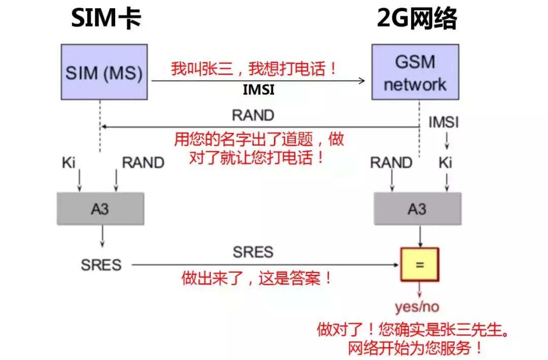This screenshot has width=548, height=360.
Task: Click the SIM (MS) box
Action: point(104,71)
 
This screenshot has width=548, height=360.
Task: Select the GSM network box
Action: point(415,71)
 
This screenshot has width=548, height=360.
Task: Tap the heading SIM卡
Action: point(105,19)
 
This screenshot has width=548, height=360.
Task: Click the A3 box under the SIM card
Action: point(100,209)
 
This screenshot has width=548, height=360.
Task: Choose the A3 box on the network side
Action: point(418,209)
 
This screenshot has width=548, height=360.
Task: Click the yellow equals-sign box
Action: point(419,264)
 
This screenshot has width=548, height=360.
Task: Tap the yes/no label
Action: point(417,307)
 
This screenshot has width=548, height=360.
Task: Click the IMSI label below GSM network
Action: point(443,122)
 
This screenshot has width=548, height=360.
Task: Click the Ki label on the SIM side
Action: point(68,163)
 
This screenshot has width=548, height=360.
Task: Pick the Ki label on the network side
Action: point(445,163)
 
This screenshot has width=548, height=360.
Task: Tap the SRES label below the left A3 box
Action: point(101,265)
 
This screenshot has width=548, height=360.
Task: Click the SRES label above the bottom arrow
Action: point(253,252)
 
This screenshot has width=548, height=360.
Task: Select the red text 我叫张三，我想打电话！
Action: point(254,68)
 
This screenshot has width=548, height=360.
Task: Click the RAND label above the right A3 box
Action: point(391,163)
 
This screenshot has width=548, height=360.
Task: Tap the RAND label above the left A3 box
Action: point(143,163)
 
